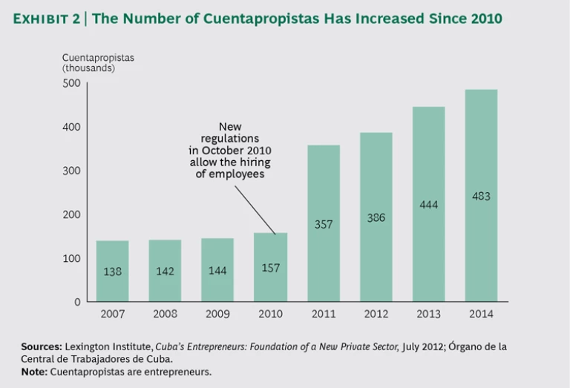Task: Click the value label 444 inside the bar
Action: click(x=428, y=204)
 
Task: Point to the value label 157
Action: click(x=270, y=267)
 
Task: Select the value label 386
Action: click(x=376, y=217)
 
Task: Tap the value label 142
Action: click(x=165, y=272)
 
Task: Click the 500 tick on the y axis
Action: click(x=71, y=83)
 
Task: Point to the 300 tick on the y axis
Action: click(x=71, y=171)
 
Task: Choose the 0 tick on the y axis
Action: click(x=76, y=302)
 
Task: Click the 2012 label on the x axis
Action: click(x=376, y=314)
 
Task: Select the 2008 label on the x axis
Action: click(x=165, y=314)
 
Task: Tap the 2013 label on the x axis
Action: click(x=428, y=314)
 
